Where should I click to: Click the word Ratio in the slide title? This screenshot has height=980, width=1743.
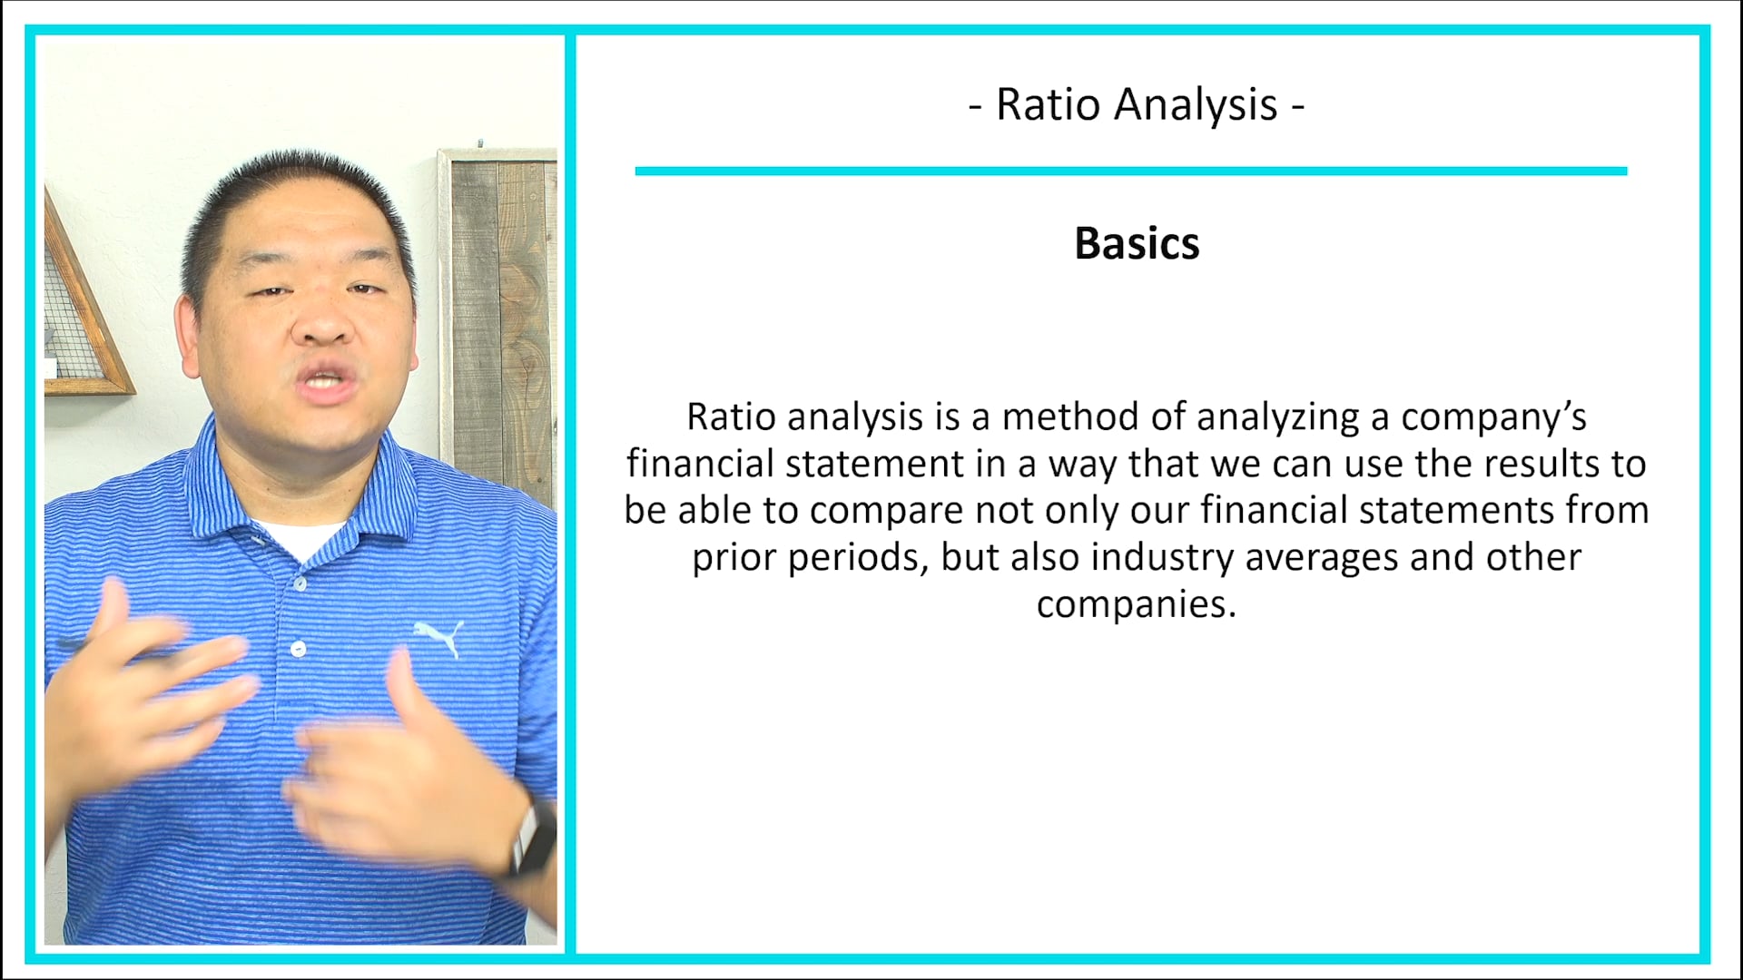1048,104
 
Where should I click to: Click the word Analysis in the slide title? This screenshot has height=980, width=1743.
1196,104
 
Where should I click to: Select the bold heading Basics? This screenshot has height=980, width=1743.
1137,243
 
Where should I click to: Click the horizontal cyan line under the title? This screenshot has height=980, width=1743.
1130,171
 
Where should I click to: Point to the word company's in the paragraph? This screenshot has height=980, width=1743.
1493,417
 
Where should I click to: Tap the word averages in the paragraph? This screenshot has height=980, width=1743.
1322,557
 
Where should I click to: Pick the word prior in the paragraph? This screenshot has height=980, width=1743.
734,557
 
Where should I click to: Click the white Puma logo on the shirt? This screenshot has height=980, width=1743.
439,636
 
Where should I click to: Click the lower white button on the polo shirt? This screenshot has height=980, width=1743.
298,649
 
